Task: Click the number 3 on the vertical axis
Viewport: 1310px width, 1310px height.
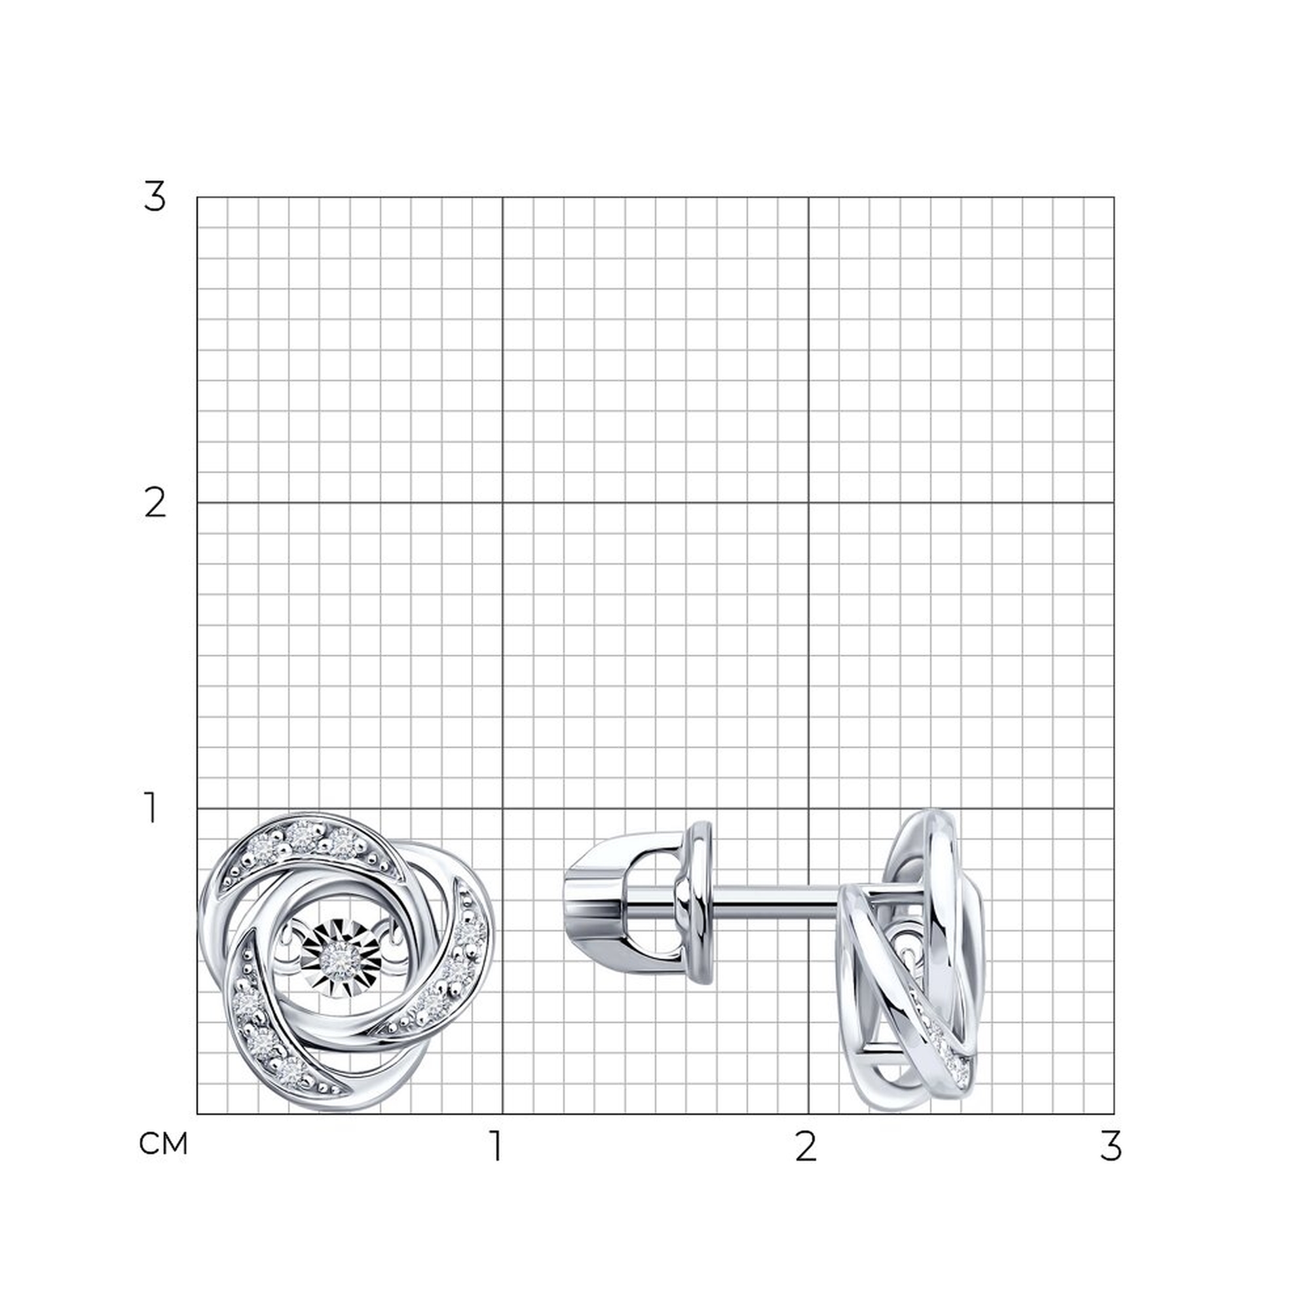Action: pos(155,197)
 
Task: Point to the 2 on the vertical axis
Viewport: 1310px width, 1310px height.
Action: pos(155,504)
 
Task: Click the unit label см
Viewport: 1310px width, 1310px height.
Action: pos(162,1144)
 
